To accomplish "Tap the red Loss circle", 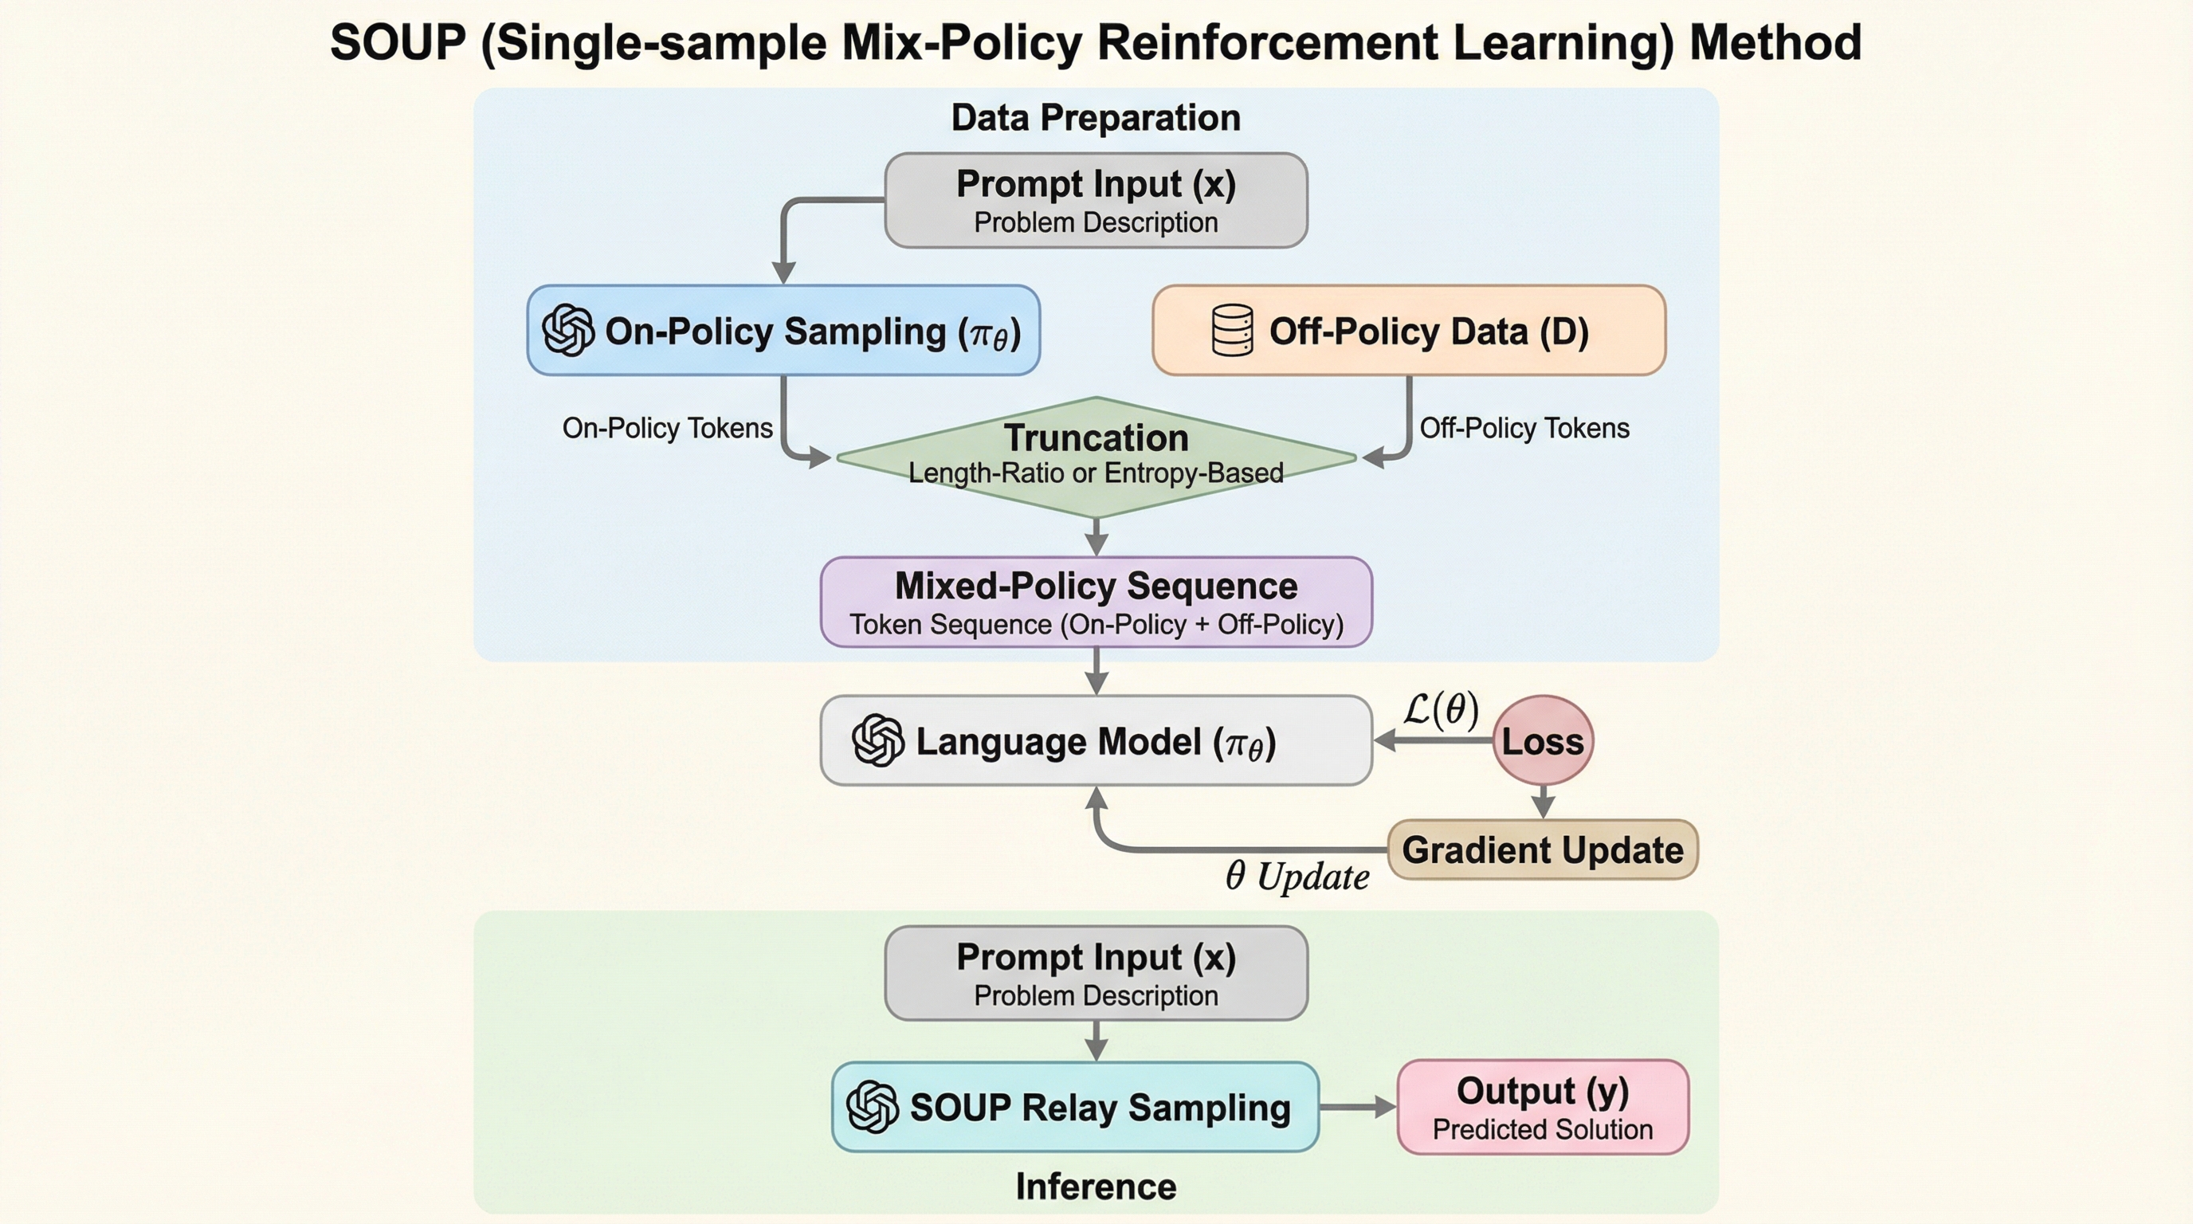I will point(1543,740).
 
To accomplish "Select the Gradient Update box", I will point(1543,849).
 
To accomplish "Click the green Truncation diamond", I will point(1096,457).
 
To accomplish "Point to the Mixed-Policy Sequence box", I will point(1096,602).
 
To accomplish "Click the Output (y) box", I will point(1543,1107).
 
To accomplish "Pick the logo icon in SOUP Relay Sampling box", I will point(873,1107).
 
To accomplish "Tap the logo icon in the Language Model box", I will point(877,740).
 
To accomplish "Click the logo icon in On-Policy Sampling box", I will point(568,330).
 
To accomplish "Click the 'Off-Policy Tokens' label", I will point(1524,427).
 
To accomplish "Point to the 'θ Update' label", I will point(1297,877).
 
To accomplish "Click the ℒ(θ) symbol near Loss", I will point(1441,709).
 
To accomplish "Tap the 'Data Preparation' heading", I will point(1096,117).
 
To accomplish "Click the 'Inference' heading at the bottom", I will point(1096,1187).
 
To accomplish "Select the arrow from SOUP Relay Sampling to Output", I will point(1357,1107).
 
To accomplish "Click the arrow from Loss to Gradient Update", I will point(1543,801).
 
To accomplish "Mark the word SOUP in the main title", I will point(398,42).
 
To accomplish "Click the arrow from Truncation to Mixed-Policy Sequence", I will point(1096,537).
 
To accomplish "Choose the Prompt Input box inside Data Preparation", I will point(1096,201).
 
